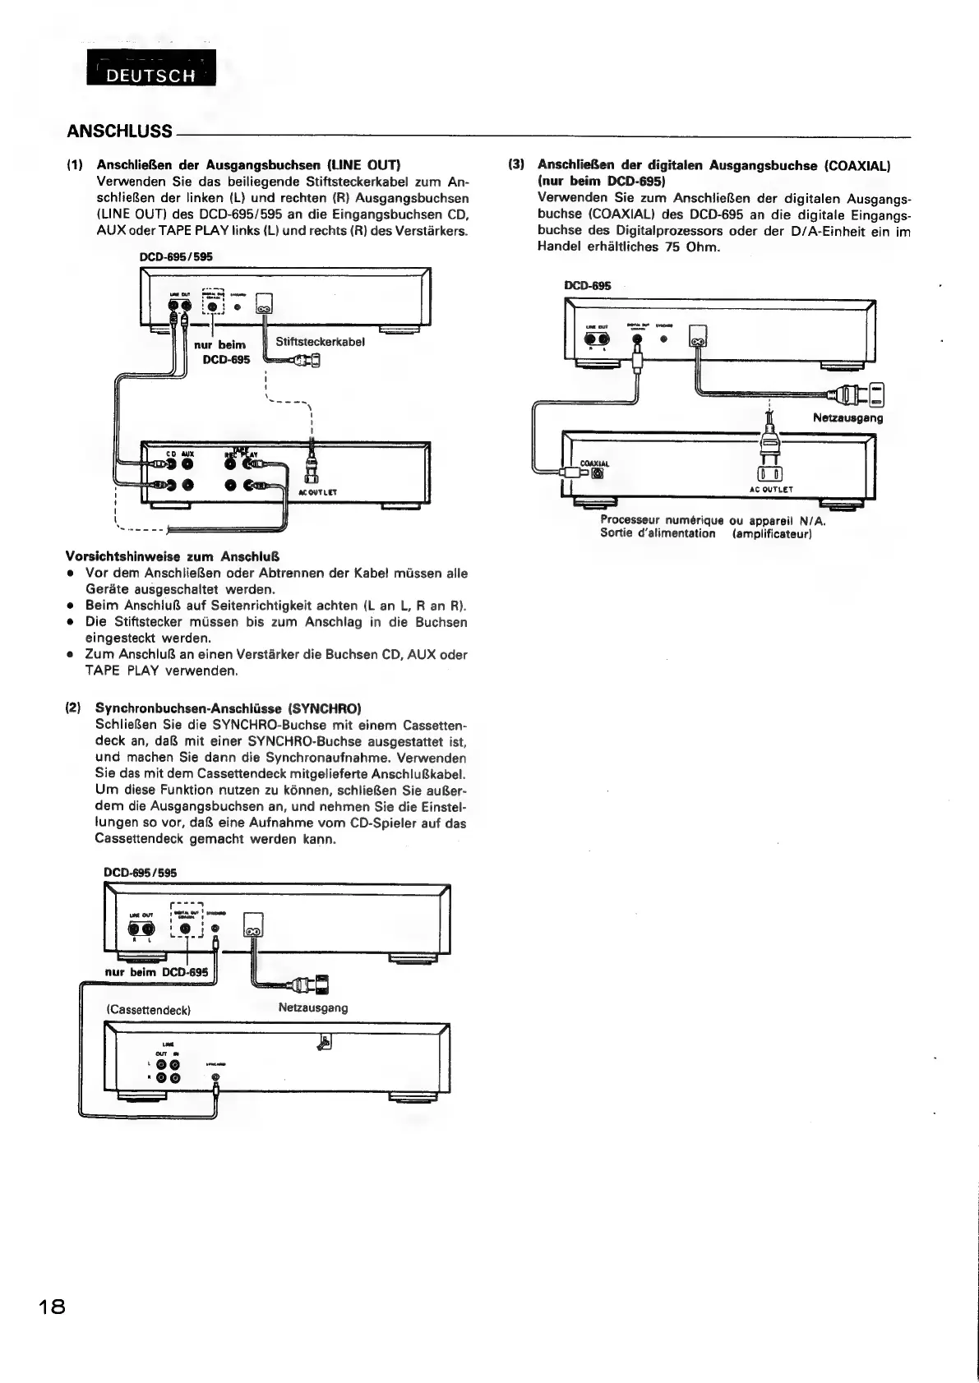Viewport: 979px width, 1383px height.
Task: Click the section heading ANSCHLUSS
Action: [x=119, y=131]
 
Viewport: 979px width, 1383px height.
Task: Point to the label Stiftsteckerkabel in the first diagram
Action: [x=320, y=341]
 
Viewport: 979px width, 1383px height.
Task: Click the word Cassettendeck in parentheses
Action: [x=149, y=1009]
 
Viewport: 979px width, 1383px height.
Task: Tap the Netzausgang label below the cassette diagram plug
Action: [x=313, y=1007]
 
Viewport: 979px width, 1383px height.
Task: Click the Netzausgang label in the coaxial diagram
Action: [x=847, y=417]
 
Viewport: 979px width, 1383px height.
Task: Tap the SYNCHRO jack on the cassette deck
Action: [x=215, y=1077]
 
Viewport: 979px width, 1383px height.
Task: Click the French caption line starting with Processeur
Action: [x=713, y=520]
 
